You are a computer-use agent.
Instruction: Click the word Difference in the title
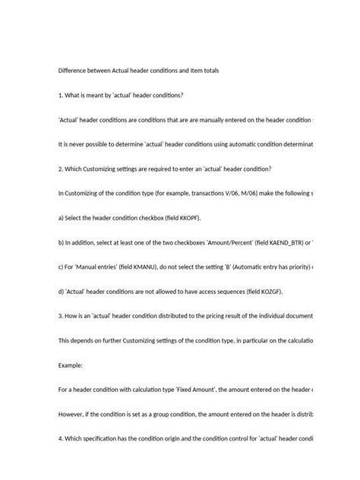(x=74, y=70)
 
